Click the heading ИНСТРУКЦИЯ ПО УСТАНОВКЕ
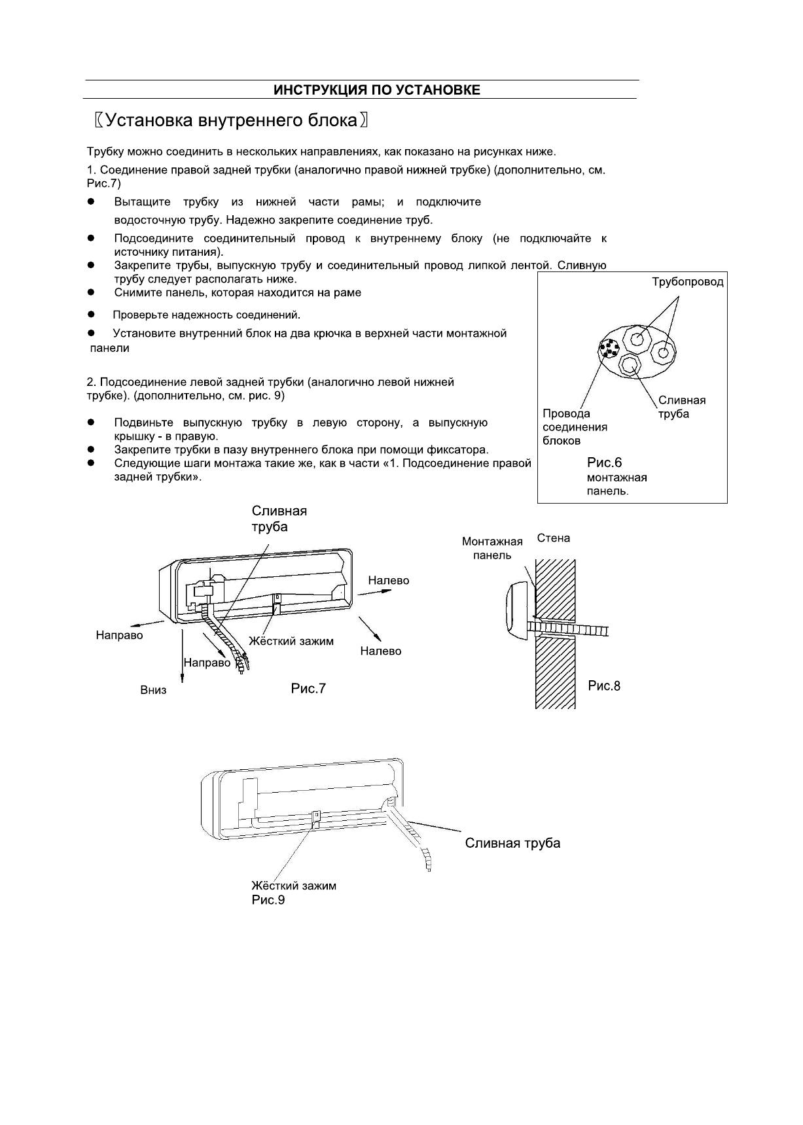pyautogui.click(x=376, y=90)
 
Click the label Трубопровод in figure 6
pyautogui.click(x=687, y=282)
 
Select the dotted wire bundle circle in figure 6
pyautogui.click(x=609, y=349)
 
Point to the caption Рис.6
pyautogui.click(x=604, y=463)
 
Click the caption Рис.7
pyautogui.click(x=308, y=688)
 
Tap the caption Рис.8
pyautogui.click(x=604, y=685)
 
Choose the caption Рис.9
pyautogui.click(x=268, y=900)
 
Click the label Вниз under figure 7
pyautogui.click(x=153, y=691)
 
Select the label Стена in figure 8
pyautogui.click(x=554, y=538)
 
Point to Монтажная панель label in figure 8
pyautogui.click(x=492, y=548)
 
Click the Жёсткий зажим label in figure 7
pyautogui.click(x=291, y=641)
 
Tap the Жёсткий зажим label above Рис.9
pyautogui.click(x=294, y=886)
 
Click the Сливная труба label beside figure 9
pyautogui.click(x=512, y=843)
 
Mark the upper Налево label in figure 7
pyautogui.click(x=388, y=580)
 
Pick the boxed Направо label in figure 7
pyautogui.click(x=207, y=663)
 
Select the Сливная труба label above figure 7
pyautogui.click(x=279, y=519)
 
